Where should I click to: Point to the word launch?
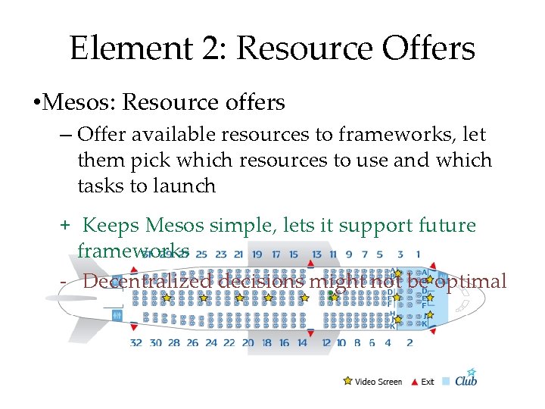(187, 185)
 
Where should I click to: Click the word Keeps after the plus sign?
(111, 225)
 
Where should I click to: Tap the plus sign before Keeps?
(66, 226)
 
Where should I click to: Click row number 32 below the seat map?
(136, 343)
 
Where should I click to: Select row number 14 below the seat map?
(301, 343)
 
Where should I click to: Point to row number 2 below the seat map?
(410, 343)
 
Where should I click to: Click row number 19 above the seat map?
(257, 254)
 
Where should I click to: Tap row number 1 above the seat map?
(418, 254)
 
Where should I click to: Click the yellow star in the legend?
(347, 381)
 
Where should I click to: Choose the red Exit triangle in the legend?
(414, 382)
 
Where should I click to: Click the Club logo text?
(466, 381)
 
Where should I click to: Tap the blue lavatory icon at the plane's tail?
(116, 314)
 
